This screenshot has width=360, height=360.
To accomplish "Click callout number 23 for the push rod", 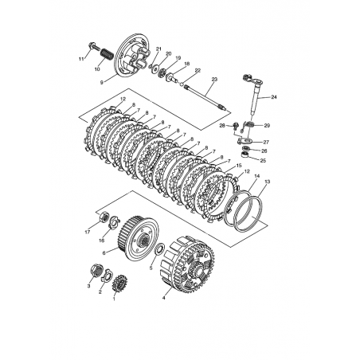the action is pos(214,79).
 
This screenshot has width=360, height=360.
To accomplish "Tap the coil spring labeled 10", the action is pos(107,55).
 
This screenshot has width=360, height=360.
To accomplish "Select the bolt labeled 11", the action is pos(94,47).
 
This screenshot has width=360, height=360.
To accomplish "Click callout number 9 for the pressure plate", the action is pos(102,83).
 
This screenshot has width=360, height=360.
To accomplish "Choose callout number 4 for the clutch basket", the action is pos(164,298).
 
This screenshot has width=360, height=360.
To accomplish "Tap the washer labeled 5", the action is pos(160,250).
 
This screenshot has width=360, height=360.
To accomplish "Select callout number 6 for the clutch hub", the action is pos(104,253).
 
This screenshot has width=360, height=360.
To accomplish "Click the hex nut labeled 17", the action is pos(104,217).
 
